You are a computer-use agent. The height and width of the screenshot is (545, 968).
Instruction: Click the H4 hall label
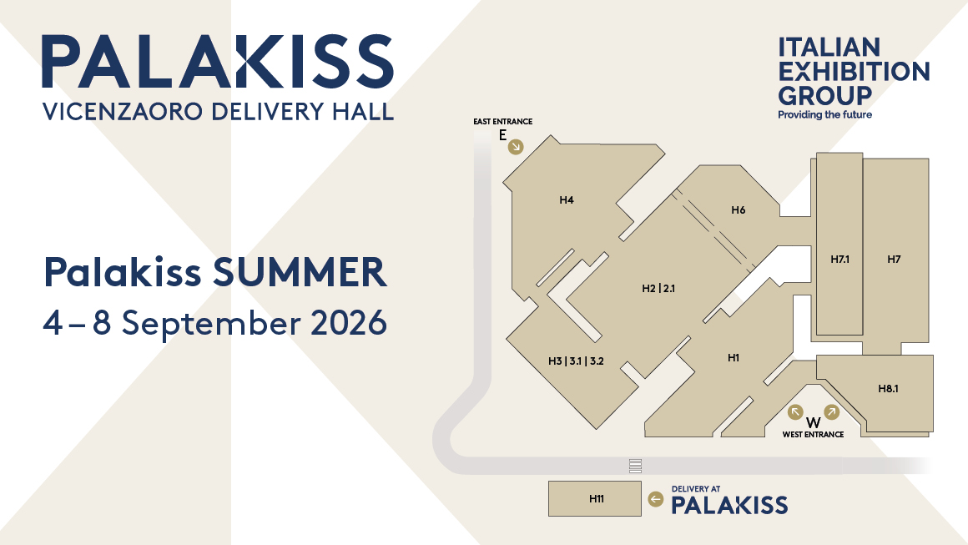coord(567,200)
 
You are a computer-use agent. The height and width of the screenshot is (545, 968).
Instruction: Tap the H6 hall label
coord(739,209)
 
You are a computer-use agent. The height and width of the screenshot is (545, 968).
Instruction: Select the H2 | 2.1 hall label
coord(658,288)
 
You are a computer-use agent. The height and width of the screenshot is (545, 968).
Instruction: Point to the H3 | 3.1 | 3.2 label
coord(576,361)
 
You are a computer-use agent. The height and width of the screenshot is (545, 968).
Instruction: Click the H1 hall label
coord(734,357)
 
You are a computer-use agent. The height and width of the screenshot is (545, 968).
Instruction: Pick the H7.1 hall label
coord(839,260)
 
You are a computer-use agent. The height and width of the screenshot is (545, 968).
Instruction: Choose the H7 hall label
coord(894,260)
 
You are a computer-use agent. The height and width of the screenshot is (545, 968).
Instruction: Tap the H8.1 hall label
coord(889,388)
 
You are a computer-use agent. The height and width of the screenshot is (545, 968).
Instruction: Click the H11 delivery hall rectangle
coord(595,499)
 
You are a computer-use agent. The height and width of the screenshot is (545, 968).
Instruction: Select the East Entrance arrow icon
coord(516,146)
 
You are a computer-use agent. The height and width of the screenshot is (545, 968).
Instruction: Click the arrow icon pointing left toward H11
coord(656,499)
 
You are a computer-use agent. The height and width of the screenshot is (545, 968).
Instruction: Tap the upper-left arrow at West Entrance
coord(795,411)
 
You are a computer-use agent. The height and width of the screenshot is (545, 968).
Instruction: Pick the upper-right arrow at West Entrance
coord(832,411)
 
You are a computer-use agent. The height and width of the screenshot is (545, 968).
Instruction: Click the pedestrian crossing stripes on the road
coord(635,466)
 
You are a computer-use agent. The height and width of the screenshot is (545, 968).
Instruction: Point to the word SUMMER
coord(300,271)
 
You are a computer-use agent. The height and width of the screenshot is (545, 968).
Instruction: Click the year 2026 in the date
coord(349,323)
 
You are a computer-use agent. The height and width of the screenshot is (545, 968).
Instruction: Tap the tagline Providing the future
coord(824,115)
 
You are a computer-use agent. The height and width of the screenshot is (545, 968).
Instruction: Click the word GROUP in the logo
coord(824,96)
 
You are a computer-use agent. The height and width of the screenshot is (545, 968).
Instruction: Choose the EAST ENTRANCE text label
coord(502,122)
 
